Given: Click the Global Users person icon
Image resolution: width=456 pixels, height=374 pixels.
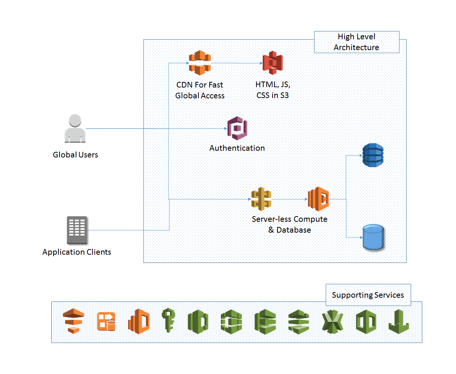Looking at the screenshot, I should coord(75,129).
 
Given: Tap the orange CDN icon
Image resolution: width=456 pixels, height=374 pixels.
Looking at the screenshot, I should coord(200,63).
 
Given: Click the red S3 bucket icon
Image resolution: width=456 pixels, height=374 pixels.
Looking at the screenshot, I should coord(273,63).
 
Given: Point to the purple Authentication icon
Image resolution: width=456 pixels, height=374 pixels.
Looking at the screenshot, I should coord(237,128).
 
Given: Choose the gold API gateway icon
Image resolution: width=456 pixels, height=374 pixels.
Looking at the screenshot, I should coord(261,199).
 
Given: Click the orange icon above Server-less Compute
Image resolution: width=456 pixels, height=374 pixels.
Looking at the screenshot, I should coord(318,199).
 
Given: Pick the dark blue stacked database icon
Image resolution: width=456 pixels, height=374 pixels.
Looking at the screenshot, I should coord(373,155).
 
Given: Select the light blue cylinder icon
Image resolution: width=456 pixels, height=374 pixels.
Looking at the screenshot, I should coord(373,237).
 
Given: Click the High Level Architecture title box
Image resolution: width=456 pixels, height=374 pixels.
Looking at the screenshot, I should coord(356,42).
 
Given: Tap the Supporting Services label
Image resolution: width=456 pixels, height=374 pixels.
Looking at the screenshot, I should coord(368,295).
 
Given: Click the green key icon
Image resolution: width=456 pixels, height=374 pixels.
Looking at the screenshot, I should coord(168,321).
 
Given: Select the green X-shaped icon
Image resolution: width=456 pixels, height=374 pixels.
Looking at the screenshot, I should coord(332,322).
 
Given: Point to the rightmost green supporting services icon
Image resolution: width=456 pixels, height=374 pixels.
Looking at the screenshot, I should coord(398,322).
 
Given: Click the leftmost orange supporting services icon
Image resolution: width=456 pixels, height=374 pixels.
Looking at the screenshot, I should coord(73,321).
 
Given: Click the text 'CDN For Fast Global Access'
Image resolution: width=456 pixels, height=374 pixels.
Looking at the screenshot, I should coord(200,90).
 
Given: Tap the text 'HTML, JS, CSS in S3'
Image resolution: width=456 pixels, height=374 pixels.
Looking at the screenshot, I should coord(273,90).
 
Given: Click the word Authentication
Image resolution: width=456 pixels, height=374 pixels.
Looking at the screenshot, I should coord(237,148).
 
